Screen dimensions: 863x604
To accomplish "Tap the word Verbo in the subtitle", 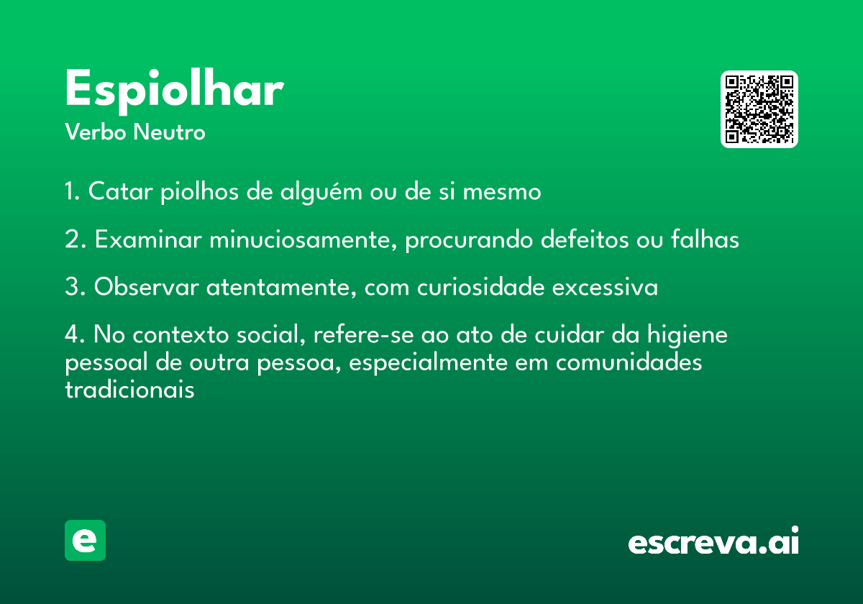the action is click(x=96, y=132).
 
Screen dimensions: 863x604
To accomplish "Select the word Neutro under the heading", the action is click(x=169, y=132).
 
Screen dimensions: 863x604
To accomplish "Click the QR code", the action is click(x=759, y=109).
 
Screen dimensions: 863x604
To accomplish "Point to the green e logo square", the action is click(x=85, y=540).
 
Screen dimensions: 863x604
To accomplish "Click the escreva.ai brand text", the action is click(x=713, y=541).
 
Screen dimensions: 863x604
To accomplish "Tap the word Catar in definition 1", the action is click(x=121, y=191).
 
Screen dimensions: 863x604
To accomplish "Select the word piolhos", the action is click(x=200, y=192).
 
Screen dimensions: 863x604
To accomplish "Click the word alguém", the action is click(x=321, y=192).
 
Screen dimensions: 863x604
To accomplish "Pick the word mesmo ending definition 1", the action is click(x=502, y=192).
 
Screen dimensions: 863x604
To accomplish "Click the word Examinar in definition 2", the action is click(x=148, y=239).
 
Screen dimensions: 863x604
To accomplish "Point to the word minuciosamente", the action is click(x=303, y=240).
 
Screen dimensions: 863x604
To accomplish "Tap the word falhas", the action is click(x=705, y=239).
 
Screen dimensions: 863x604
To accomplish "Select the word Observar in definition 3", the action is click(x=147, y=287).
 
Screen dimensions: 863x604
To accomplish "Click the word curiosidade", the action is click(x=481, y=287).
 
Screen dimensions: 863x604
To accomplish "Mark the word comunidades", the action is click(x=629, y=362).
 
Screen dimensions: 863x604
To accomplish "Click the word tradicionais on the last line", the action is click(x=130, y=390).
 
